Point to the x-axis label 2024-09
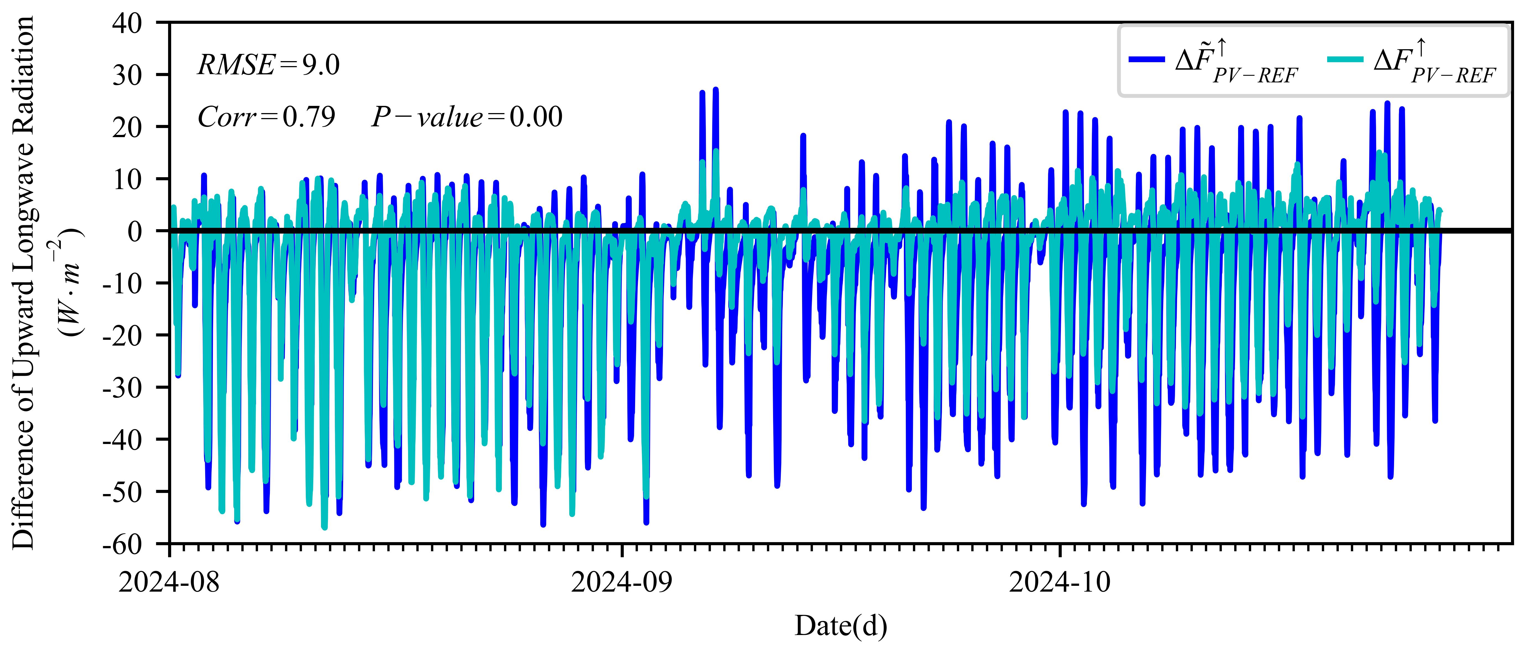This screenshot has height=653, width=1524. point(622,583)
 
